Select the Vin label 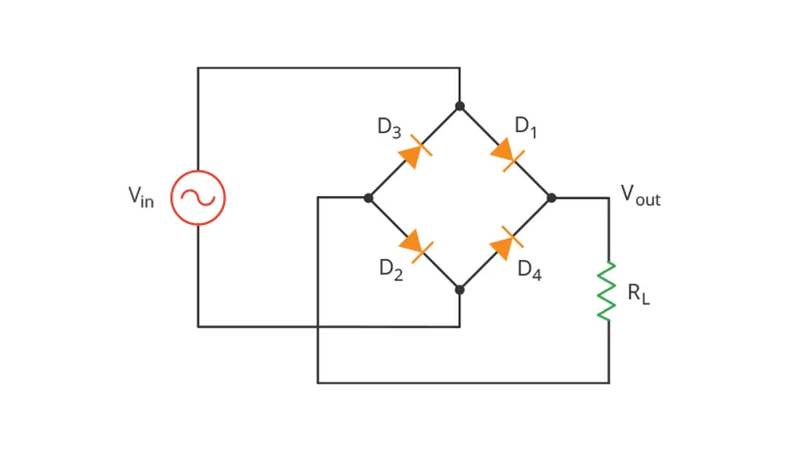click(x=140, y=196)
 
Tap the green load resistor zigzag click(x=607, y=292)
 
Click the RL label click(x=638, y=293)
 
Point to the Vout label click(x=640, y=194)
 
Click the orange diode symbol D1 click(x=506, y=152)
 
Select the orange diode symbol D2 click(x=414, y=243)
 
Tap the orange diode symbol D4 click(x=505, y=243)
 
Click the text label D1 click(x=525, y=127)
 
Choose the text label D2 click(x=390, y=270)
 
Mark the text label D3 click(x=389, y=128)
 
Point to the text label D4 click(x=529, y=270)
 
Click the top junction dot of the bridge click(x=460, y=106)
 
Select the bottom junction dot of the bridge click(x=460, y=290)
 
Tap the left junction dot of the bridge click(x=369, y=198)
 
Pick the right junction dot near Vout click(x=552, y=198)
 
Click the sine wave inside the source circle click(x=198, y=198)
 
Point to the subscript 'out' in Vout click(x=649, y=200)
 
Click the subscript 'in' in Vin click(x=147, y=202)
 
